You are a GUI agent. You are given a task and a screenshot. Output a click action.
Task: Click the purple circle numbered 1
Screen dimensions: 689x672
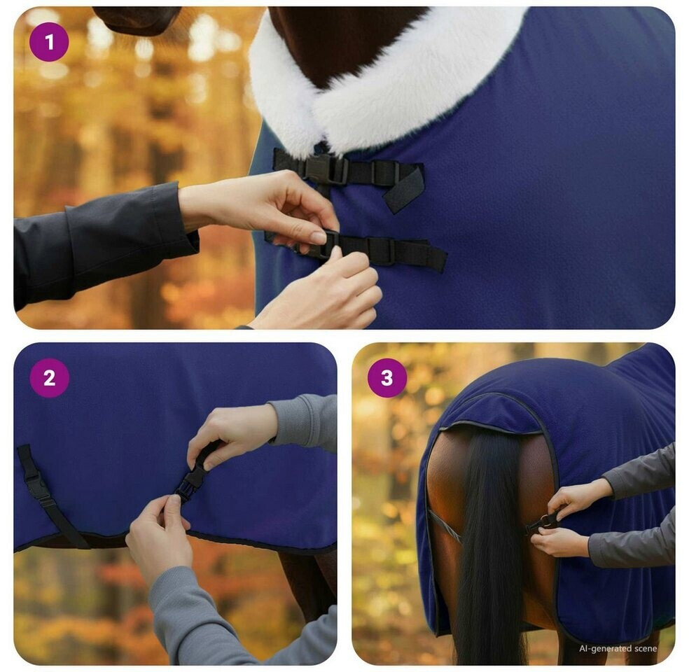[x=49, y=42]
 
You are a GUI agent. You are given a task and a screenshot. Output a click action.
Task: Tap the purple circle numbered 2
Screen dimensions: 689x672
[x=49, y=378]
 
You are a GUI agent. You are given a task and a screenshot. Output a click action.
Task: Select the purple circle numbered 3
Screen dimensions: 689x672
[x=387, y=378]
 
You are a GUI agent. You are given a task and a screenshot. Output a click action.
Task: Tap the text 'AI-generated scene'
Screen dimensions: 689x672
[x=618, y=648]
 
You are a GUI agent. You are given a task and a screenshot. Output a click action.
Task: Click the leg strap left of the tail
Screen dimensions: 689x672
[x=445, y=526]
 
